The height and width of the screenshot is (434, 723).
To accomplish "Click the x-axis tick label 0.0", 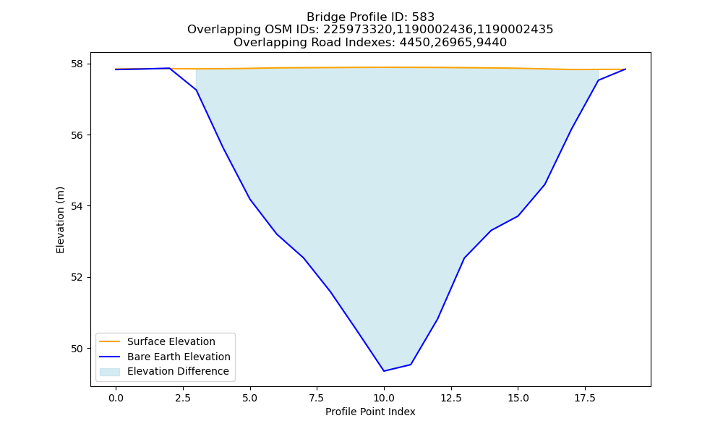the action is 116,398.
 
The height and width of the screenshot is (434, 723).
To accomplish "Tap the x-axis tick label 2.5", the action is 183,398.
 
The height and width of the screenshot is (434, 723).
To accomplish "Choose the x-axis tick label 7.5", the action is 317,398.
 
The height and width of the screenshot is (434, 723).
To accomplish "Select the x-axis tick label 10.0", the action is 384,398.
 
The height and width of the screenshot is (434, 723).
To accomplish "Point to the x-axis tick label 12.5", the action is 451,398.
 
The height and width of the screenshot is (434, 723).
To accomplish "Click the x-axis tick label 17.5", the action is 585,398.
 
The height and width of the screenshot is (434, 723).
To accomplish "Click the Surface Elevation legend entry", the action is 171,341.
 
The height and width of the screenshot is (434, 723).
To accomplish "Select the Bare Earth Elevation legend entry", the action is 179,357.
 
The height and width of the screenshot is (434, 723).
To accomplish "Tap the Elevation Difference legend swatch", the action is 110,372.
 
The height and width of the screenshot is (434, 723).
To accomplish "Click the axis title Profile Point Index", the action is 370,412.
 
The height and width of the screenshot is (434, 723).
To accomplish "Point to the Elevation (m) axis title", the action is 60,220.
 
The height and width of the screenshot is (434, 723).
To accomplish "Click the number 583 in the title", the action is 423,17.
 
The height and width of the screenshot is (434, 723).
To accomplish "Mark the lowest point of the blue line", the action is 384,371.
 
